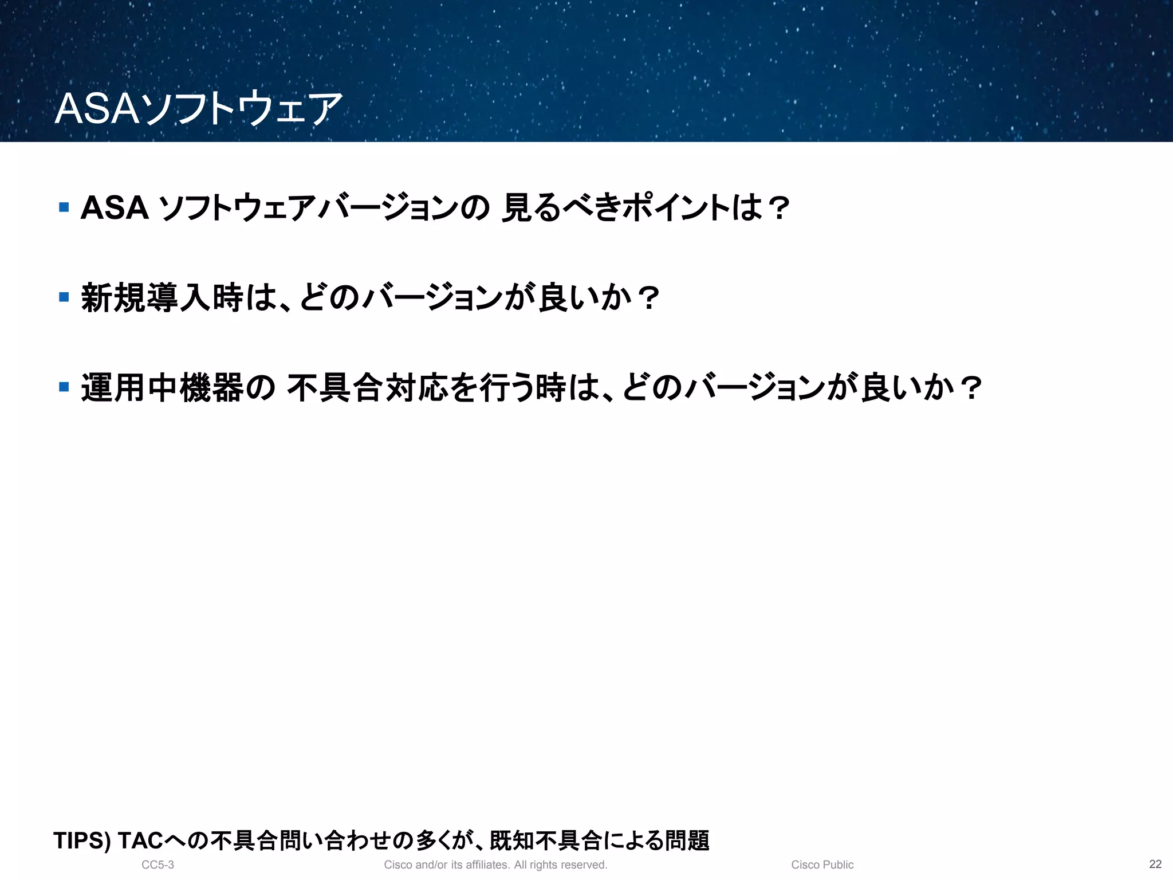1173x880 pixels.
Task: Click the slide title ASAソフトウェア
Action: pos(198,108)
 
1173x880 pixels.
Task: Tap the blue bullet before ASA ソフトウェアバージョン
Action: pos(64,207)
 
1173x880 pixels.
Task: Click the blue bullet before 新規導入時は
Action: pos(64,297)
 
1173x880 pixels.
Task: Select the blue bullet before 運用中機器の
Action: pos(64,387)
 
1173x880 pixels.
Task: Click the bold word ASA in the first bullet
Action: pos(115,207)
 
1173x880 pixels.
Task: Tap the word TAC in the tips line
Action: pos(140,841)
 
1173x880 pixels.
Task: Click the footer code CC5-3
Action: pos(158,865)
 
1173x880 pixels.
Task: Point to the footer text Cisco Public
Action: pos(822,865)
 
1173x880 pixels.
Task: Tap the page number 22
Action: pos(1155,864)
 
